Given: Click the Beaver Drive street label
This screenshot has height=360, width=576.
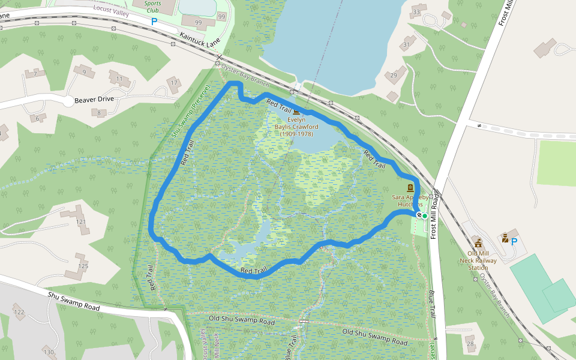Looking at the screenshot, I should [x=95, y=100].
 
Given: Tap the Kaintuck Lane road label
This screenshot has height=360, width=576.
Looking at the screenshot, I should [x=200, y=40].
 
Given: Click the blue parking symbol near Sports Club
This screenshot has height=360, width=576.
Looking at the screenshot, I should [x=154, y=21].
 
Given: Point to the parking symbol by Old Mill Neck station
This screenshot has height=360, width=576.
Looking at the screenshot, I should [x=514, y=241].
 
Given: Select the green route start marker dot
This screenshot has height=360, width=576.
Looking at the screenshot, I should [x=424, y=215].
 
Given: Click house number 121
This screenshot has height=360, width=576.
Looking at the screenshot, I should [x=80, y=222].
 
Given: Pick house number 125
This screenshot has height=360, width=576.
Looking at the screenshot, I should [x=83, y=266].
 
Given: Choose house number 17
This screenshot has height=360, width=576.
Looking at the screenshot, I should [x=174, y=82].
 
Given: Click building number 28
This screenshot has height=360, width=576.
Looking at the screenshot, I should [x=470, y=344].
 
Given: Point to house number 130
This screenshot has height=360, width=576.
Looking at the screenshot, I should [x=49, y=352].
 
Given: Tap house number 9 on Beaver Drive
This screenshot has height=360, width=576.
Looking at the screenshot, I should [x=84, y=72].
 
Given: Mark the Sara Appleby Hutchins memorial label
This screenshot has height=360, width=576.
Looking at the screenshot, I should [x=411, y=200].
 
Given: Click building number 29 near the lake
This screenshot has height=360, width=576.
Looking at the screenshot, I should [x=394, y=75].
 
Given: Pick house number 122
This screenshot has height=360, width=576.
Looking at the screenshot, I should [x=19, y=312].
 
